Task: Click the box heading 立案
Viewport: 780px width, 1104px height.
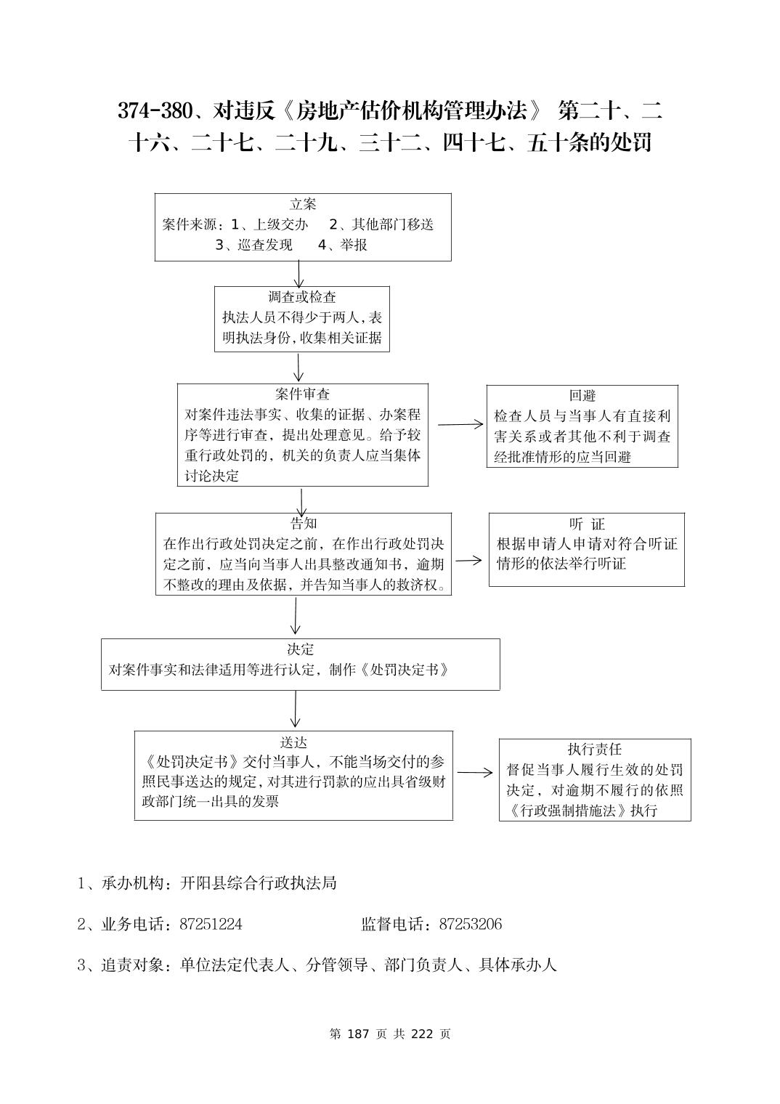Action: pyautogui.click(x=303, y=204)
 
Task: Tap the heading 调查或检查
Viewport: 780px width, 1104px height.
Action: pyautogui.click(x=302, y=297)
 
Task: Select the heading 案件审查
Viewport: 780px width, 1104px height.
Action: pyautogui.click(x=302, y=394)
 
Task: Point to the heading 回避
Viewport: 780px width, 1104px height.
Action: pyautogui.click(x=582, y=396)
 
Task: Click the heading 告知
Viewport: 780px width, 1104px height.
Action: pyautogui.click(x=304, y=524)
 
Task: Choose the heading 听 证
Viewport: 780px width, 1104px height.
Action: pyautogui.click(x=587, y=524)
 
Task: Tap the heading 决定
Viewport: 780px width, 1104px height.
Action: pyautogui.click(x=300, y=649)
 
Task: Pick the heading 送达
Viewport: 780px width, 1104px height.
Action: pyautogui.click(x=294, y=742)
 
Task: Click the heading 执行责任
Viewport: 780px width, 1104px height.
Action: pyautogui.click(x=595, y=750)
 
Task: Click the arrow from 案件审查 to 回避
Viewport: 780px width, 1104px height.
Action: pyautogui.click(x=460, y=424)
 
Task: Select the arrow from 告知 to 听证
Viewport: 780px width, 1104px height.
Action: pyautogui.click(x=468, y=560)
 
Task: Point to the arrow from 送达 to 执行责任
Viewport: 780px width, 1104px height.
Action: pyautogui.click(x=475, y=773)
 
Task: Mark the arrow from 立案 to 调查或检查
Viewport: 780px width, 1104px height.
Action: pyautogui.click(x=298, y=274)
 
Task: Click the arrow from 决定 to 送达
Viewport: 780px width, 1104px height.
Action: pyautogui.click(x=296, y=708)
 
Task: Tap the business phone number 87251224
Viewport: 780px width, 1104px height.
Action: pyautogui.click(x=211, y=925)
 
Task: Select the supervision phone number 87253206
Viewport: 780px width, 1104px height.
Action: pyautogui.click(x=471, y=925)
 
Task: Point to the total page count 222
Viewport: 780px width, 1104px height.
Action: pyautogui.click(x=422, y=1034)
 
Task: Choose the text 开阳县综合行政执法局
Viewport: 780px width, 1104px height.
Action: pyautogui.click(x=258, y=883)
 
